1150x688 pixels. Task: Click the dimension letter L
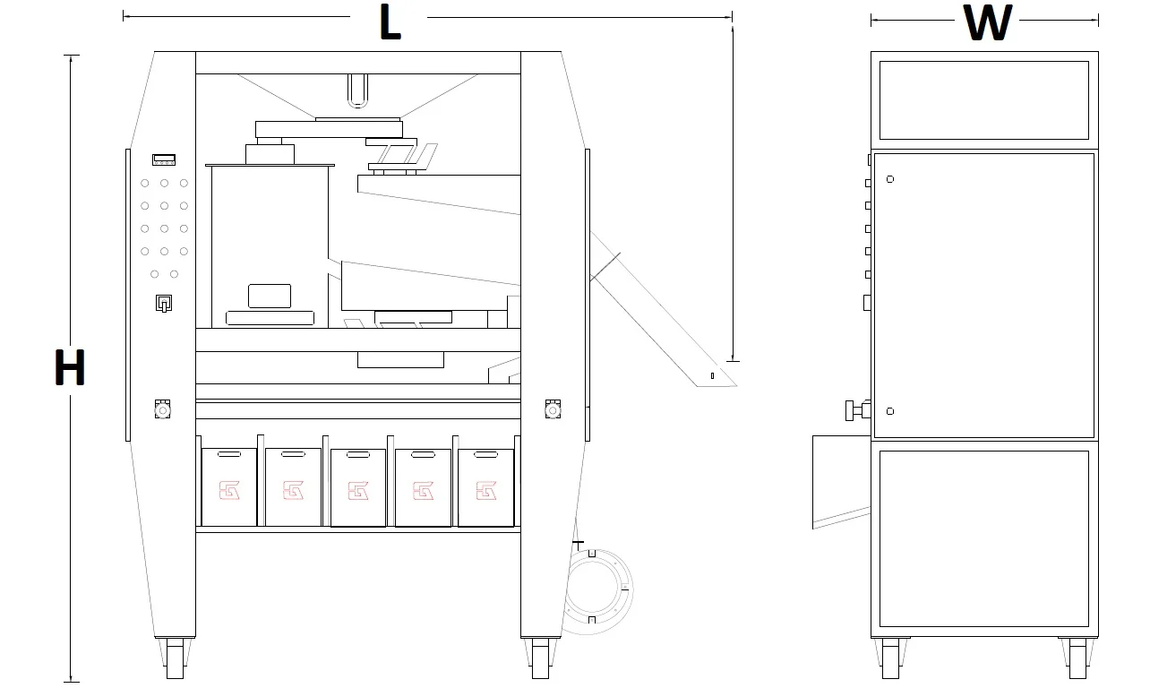coord(390,21)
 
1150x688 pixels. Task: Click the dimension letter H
coord(70,367)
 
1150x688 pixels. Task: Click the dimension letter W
coord(987,22)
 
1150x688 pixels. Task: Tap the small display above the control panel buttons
coord(164,159)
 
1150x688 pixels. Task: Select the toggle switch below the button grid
coord(164,303)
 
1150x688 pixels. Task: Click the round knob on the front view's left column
coord(163,409)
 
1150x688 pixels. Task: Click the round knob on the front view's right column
coord(553,409)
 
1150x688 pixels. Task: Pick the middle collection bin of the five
coord(358,487)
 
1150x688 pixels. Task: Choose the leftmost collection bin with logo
coord(229,486)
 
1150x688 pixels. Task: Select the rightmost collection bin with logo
coord(485,487)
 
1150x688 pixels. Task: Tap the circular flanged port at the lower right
coord(597,591)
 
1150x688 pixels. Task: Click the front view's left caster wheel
coord(175,658)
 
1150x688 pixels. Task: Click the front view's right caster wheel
coord(540,658)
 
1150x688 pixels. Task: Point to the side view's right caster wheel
coord(1077,658)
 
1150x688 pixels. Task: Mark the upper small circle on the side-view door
coord(890,179)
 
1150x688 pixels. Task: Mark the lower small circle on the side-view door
coord(890,411)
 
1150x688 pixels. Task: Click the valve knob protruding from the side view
coord(857,410)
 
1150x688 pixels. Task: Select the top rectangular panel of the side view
coord(984,100)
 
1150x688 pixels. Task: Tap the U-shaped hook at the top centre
coord(357,90)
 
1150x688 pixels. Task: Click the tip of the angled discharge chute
coord(736,385)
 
